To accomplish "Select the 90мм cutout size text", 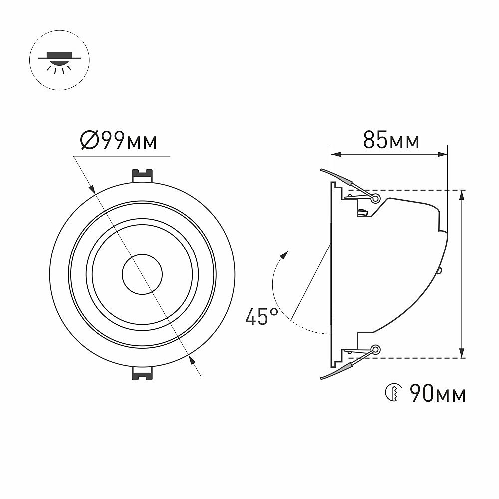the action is point(438,393).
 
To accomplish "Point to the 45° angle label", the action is point(261,317).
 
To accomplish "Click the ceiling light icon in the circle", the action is point(59,60).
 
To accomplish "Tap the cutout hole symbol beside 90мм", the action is point(393,393).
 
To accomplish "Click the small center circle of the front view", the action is point(142,274).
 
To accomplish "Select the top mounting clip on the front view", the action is point(142,176).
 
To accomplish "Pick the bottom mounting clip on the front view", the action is point(142,373).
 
